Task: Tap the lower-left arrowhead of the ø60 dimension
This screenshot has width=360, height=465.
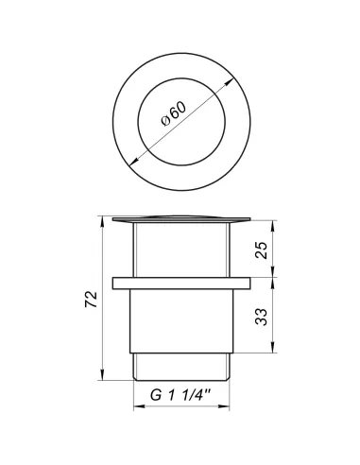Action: (x=130, y=157)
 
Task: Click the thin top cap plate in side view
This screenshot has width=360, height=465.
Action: (x=180, y=220)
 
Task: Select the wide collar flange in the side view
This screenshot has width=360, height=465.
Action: (x=180, y=282)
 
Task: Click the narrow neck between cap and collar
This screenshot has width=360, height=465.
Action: (x=180, y=250)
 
